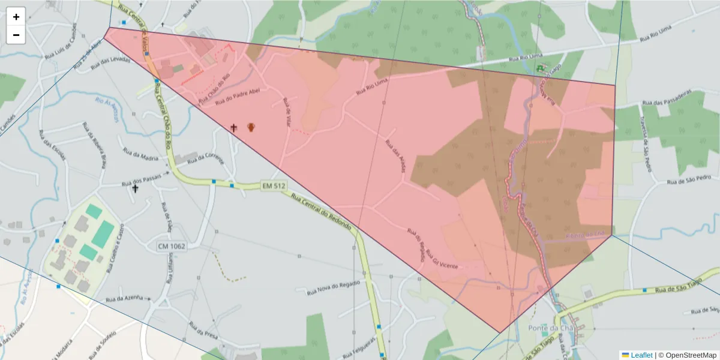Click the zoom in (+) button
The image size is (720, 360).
[x=16, y=17]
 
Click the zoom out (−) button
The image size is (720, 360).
[x=16, y=35]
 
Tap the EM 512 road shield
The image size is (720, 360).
[x=273, y=186]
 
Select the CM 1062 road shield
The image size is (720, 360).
[x=172, y=246]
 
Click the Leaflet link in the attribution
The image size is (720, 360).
[x=641, y=355]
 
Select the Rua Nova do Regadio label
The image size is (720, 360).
[x=334, y=288]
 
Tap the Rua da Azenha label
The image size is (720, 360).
[x=124, y=298]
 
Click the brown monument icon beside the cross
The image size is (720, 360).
[x=251, y=127]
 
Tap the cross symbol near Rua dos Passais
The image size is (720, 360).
[x=135, y=189]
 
